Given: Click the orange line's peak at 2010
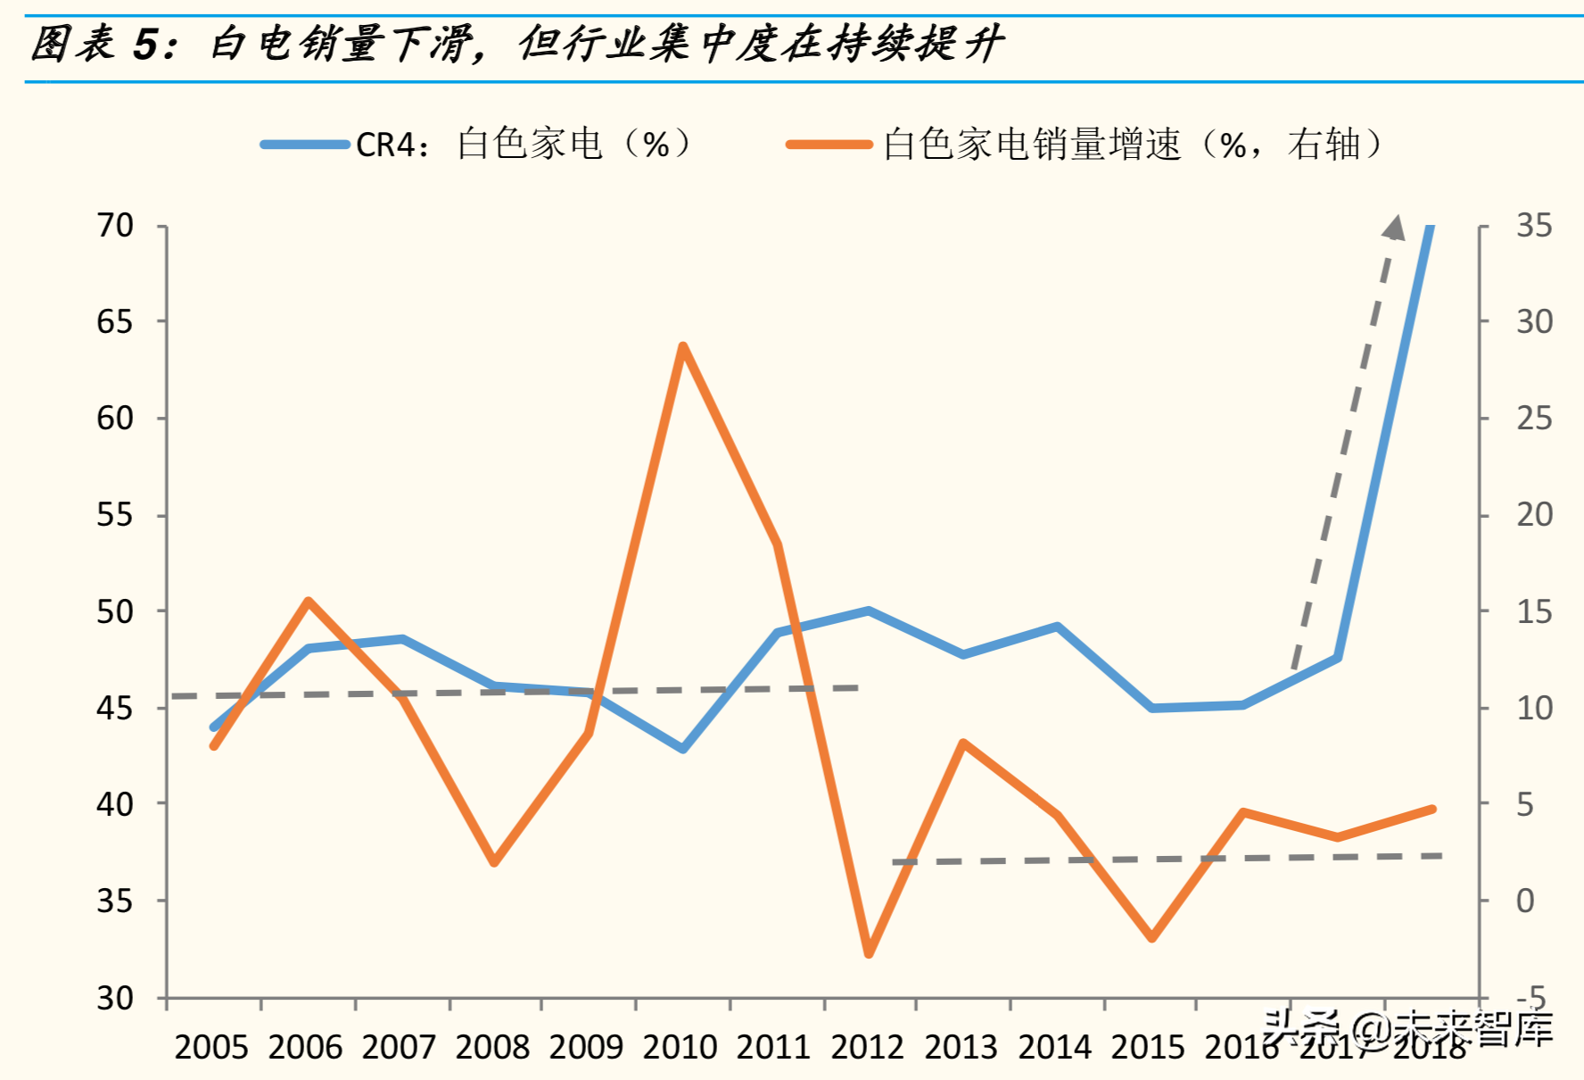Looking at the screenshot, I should [x=682, y=346].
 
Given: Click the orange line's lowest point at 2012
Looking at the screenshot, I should [x=869, y=954].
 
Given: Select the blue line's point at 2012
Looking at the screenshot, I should [x=869, y=611].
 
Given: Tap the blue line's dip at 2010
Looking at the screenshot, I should [x=683, y=749].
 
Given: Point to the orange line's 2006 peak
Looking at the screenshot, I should [x=308, y=601].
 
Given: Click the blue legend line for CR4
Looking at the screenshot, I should [x=304, y=145].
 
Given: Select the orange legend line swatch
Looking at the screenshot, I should [x=829, y=145].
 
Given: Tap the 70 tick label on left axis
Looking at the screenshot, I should [x=115, y=226].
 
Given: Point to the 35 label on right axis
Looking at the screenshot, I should [x=1534, y=226].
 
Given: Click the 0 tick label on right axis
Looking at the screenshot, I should [x=1525, y=901].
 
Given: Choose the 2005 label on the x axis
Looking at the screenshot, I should [x=211, y=1047].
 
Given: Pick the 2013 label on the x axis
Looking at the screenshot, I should [x=961, y=1047].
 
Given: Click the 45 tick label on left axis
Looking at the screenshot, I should [x=115, y=709].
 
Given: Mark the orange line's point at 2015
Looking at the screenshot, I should [x=1151, y=938].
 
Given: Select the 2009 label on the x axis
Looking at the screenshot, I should [x=586, y=1047].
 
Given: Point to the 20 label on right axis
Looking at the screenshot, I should [x=1534, y=515].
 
